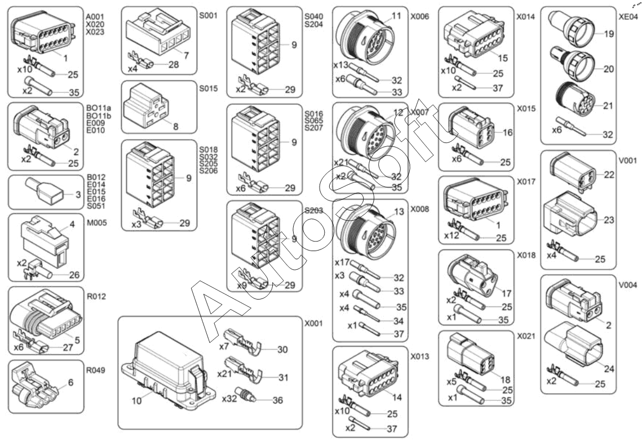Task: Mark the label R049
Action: (x=95, y=370)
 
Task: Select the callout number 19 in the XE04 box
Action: (x=609, y=34)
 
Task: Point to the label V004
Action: (x=627, y=284)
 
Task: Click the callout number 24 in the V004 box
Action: (x=609, y=369)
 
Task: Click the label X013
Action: (x=419, y=356)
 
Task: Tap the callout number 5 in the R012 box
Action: (x=77, y=340)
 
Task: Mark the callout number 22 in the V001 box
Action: (x=609, y=175)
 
